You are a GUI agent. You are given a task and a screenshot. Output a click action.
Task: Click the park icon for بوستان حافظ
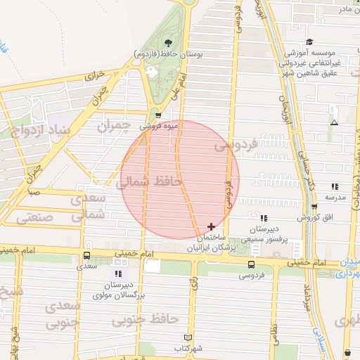168,41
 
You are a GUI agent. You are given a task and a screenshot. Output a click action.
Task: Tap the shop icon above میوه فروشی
157,115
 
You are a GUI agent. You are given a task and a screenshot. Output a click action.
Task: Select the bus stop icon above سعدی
86,256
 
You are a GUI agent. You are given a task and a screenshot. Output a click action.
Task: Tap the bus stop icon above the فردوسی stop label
251,264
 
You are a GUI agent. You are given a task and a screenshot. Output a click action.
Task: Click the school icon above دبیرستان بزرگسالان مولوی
118,274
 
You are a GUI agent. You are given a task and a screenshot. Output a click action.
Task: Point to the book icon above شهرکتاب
187,337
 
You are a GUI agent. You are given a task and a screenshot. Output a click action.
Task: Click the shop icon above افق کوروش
314,207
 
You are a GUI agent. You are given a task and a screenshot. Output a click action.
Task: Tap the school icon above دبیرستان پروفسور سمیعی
263,218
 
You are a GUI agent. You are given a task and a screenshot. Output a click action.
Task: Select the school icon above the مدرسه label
335,186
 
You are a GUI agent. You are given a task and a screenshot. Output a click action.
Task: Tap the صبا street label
34,191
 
